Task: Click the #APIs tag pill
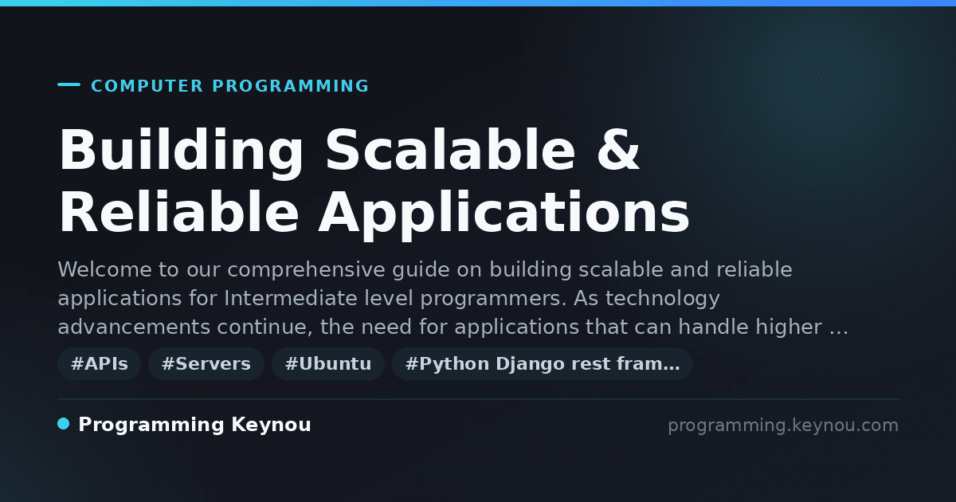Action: tap(99, 363)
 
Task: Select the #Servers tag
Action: tap(206, 363)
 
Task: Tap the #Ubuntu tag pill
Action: tap(328, 363)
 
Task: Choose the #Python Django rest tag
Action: tap(543, 363)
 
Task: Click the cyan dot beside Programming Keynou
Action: tap(64, 424)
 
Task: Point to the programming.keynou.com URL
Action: tap(783, 426)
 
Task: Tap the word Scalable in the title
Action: tap(451, 150)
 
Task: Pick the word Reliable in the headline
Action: tap(178, 212)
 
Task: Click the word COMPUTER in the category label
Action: tap(147, 86)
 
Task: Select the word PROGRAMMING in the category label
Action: tap(290, 86)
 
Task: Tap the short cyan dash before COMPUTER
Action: tap(69, 84)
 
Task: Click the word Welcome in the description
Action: tap(104, 269)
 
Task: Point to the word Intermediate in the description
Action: tap(291, 298)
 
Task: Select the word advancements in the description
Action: tap(134, 327)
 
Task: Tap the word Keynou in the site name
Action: tap(271, 426)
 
